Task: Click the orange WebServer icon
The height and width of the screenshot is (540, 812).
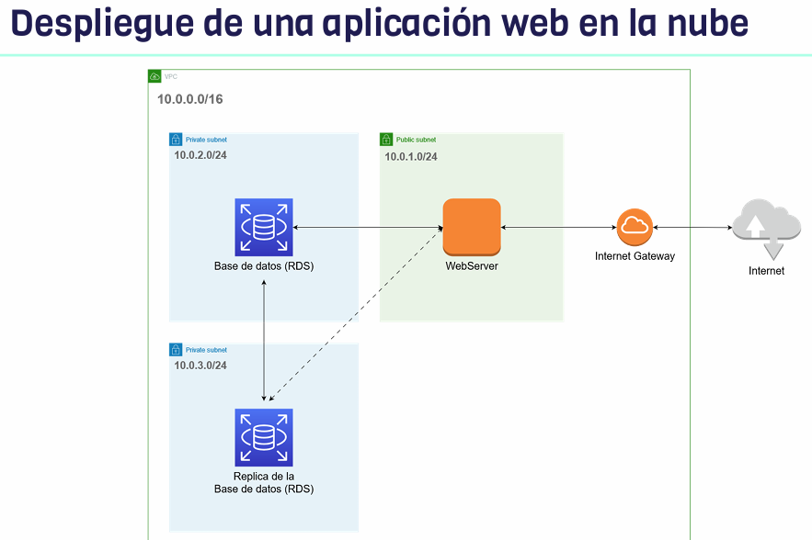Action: tap(472, 227)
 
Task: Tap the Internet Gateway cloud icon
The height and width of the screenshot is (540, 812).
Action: tap(635, 227)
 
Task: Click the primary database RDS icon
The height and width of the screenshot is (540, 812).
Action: tap(264, 227)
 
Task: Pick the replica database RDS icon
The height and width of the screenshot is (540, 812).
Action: tap(264, 437)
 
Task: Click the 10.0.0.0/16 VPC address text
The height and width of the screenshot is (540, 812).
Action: tap(190, 99)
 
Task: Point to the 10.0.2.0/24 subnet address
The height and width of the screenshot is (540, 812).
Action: tap(200, 155)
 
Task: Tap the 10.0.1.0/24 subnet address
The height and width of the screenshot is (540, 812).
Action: tap(411, 156)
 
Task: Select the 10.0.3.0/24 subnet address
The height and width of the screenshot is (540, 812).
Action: tap(200, 366)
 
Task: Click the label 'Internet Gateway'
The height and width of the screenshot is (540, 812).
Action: tap(635, 256)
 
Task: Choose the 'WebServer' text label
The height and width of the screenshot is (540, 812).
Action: tap(472, 266)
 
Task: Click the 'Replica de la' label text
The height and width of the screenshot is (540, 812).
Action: tap(264, 477)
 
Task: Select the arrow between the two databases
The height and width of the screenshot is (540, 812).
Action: tap(264, 340)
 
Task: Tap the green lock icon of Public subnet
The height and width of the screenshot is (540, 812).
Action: tap(386, 140)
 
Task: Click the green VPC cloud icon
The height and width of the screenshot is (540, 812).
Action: tap(154, 77)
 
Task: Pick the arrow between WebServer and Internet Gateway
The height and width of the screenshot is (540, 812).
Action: tap(558, 227)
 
